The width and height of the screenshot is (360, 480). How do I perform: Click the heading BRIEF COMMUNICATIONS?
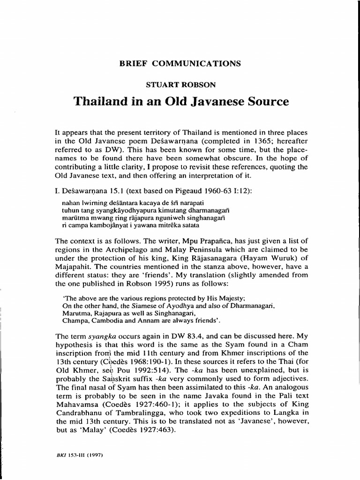pyautogui.click(x=180, y=63)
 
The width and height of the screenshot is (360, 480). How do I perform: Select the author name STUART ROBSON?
pyautogui.click(x=180, y=85)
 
